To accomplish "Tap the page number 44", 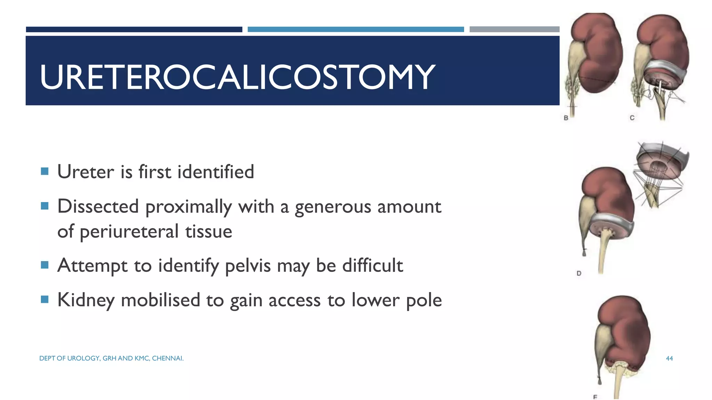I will (x=669, y=358).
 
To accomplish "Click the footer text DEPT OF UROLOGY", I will (x=70, y=358).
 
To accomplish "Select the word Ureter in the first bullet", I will (x=86, y=172).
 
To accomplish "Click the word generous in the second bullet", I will (x=333, y=207).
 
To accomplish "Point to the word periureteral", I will (x=129, y=232).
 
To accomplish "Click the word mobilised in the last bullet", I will (x=160, y=300).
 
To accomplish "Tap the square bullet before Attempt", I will (x=44, y=265).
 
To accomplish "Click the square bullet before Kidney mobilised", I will (x=44, y=299).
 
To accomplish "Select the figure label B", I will (x=566, y=118).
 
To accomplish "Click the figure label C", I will (x=632, y=118).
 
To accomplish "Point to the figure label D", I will (x=579, y=273).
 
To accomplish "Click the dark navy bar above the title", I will (x=134, y=30).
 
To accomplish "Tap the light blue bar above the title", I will (x=355, y=30).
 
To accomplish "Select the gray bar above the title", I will (x=514, y=30).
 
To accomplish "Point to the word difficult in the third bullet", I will (x=372, y=266).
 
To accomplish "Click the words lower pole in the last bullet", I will (x=396, y=300).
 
